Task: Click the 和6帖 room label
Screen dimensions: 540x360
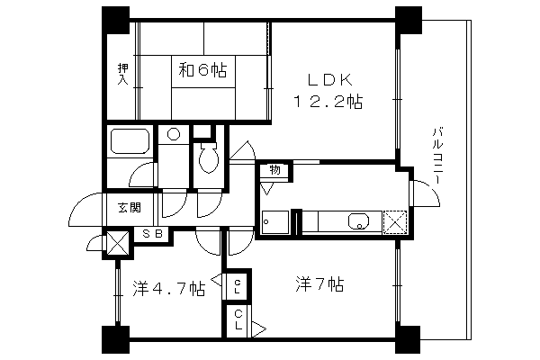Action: pyautogui.click(x=202, y=71)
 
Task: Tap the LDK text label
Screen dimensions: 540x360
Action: pyautogui.click(x=330, y=80)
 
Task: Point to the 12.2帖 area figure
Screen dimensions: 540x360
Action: pyautogui.click(x=328, y=102)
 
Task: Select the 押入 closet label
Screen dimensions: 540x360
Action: pyautogui.click(x=122, y=74)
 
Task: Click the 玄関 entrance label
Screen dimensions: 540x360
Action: pyautogui.click(x=130, y=207)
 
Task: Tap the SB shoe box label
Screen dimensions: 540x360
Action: pyautogui.click(x=153, y=234)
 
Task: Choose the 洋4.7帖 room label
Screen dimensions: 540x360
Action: pyautogui.click(x=169, y=289)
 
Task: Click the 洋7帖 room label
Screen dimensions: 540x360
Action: pyautogui.click(x=319, y=284)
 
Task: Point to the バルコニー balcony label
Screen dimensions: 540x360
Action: pyautogui.click(x=437, y=156)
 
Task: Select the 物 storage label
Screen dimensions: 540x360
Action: pyautogui.click(x=274, y=169)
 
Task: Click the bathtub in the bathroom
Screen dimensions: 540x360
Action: pyautogui.click(x=130, y=141)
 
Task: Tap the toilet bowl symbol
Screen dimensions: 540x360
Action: pyautogui.click(x=209, y=157)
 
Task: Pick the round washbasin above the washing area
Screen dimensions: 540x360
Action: pyautogui.click(x=174, y=134)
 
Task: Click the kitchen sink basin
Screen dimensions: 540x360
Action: pyautogui.click(x=359, y=220)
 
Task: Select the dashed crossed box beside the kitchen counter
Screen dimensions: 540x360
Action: pyautogui.click(x=395, y=222)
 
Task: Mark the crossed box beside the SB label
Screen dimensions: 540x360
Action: pyautogui.click(x=117, y=243)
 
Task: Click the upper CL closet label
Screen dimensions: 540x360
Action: pyautogui.click(x=238, y=286)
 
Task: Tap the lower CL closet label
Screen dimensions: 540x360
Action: pyautogui.click(x=238, y=320)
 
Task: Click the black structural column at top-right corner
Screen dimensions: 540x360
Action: pyautogui.click(x=409, y=20)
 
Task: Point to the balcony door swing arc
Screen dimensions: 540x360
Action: pyautogui.click(x=430, y=190)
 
